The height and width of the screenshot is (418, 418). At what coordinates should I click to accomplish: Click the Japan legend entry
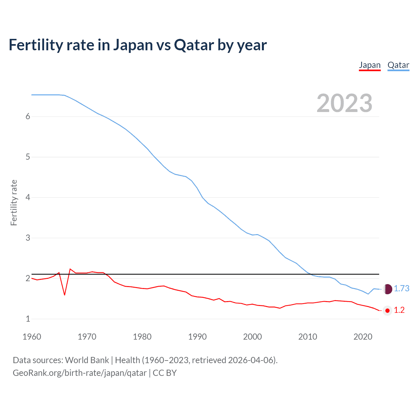[370, 65]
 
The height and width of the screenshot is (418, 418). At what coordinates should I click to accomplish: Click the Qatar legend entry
[398, 65]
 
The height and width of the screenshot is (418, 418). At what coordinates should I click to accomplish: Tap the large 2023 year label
[344, 103]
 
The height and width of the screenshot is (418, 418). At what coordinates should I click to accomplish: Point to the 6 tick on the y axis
[28, 117]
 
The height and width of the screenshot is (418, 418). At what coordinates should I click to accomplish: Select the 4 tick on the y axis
[28, 197]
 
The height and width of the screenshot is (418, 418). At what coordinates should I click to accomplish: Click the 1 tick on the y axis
[28, 319]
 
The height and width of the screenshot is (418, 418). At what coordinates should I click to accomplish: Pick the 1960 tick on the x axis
[32, 337]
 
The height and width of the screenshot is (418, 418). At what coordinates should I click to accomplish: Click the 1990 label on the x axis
[197, 337]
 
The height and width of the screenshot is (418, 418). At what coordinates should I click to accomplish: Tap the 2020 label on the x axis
[363, 337]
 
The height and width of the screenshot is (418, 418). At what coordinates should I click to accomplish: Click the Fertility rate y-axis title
[14, 202]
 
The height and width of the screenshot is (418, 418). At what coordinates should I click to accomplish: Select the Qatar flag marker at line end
[387, 289]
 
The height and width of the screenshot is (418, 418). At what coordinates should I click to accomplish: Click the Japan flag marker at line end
[387, 311]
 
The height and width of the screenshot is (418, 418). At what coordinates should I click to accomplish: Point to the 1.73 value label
[401, 289]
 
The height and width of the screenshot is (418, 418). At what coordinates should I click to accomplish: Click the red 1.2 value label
[399, 310]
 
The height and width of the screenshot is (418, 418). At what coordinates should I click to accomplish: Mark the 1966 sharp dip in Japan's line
[65, 295]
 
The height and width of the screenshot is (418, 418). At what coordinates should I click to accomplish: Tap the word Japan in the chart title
[133, 45]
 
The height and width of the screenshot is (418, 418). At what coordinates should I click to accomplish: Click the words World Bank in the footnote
[87, 360]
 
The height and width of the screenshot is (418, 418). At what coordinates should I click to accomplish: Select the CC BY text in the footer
[165, 373]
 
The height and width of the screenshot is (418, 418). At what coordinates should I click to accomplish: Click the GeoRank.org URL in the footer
[79, 373]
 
